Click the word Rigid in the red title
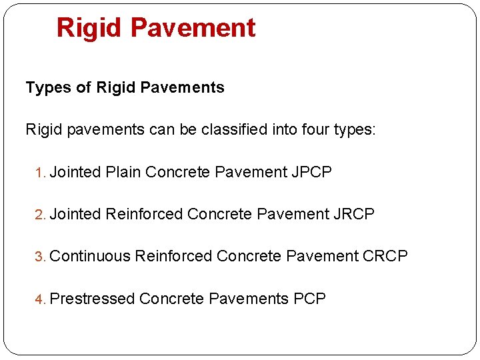click(x=89, y=28)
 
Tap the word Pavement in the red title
click(x=193, y=28)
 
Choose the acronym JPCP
click(x=312, y=172)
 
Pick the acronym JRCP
click(x=355, y=214)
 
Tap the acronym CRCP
click(x=385, y=256)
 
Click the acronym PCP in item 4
click(x=309, y=299)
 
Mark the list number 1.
click(x=39, y=173)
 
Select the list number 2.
click(x=39, y=215)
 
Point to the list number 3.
click(x=39, y=257)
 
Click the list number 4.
click(x=39, y=299)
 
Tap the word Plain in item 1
click(x=123, y=172)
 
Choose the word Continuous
click(x=90, y=256)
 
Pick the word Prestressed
click(x=93, y=299)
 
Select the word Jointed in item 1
click(x=75, y=172)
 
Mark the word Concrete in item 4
click(x=171, y=299)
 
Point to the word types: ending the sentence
click(x=354, y=130)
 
